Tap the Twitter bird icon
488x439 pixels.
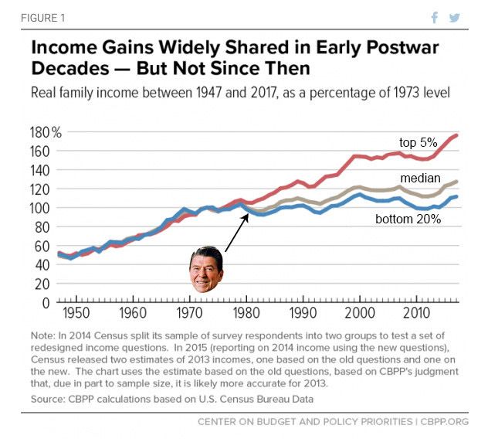click(x=455, y=17)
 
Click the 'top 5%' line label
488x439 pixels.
click(x=418, y=142)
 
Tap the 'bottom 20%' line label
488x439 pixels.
click(x=408, y=219)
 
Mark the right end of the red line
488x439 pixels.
click(x=458, y=136)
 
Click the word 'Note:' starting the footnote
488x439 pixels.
click(x=47, y=336)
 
